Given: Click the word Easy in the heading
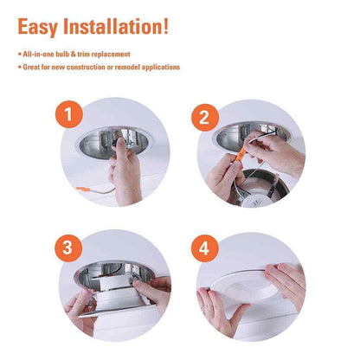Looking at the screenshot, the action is (38, 27).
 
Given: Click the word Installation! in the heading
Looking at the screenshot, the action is (116, 26).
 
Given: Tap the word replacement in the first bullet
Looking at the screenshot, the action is (111, 55).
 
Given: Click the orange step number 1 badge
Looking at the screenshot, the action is (69, 114).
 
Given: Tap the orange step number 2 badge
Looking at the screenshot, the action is (205, 118).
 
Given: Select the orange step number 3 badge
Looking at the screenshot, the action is (67, 248).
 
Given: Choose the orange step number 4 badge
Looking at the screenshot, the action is (204, 248).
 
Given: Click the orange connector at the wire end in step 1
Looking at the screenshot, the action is (83, 190).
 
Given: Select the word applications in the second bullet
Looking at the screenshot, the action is (161, 67).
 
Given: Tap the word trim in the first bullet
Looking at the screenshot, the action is (83, 55).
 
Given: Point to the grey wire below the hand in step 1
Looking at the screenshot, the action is (102, 190).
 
